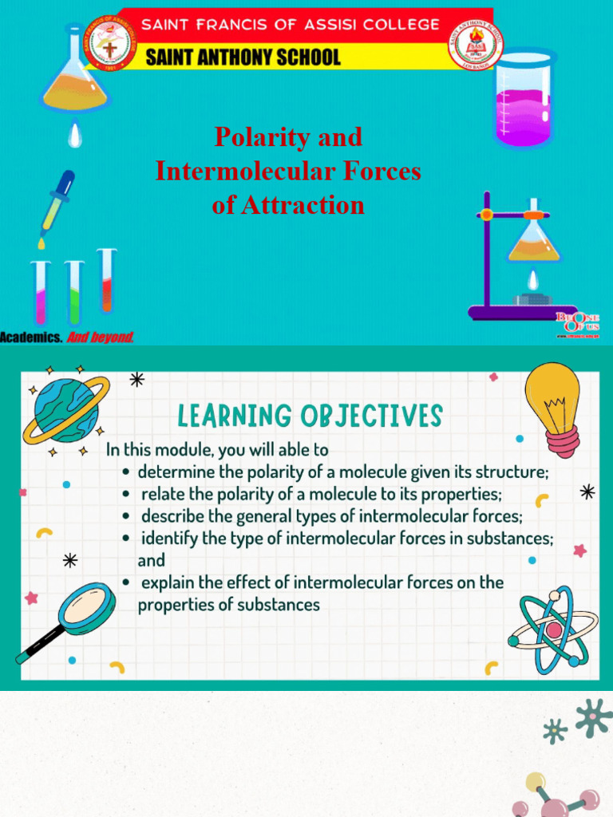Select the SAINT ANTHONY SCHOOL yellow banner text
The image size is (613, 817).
(243, 57)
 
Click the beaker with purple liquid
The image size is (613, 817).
(523, 100)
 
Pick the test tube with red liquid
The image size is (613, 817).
(106, 280)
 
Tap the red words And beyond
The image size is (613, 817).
(101, 337)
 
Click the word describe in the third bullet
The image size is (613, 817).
(172, 516)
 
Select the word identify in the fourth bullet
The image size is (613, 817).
(169, 539)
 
